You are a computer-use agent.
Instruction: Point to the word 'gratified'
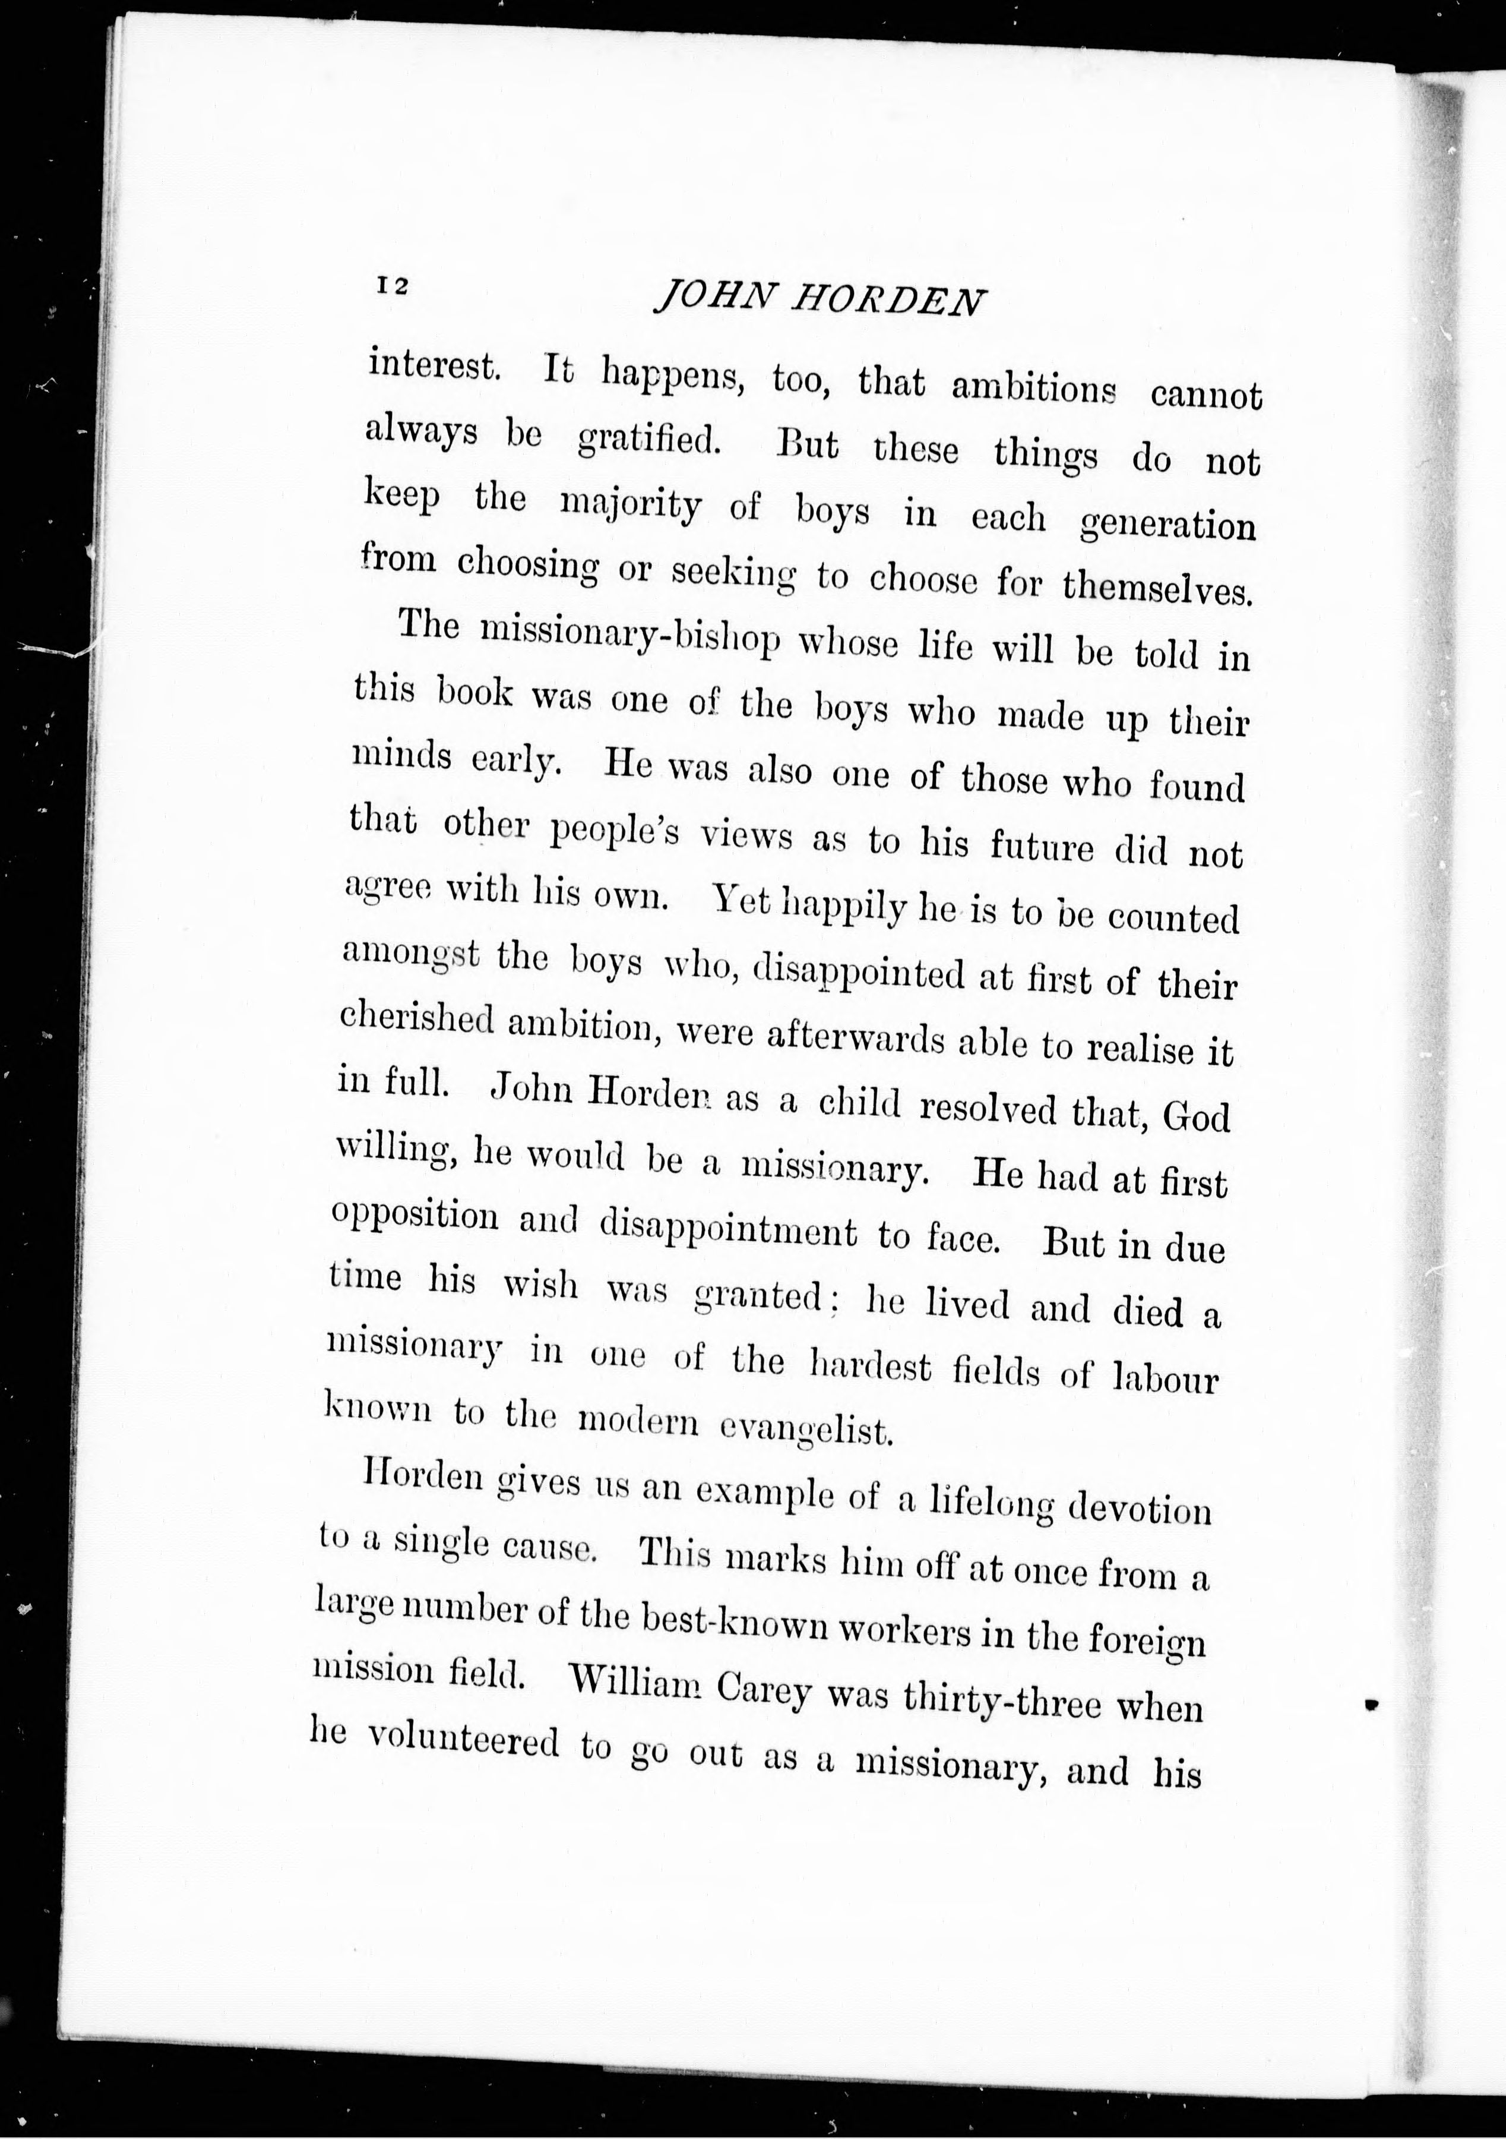[649, 441]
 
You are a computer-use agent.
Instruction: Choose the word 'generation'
[1168, 525]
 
